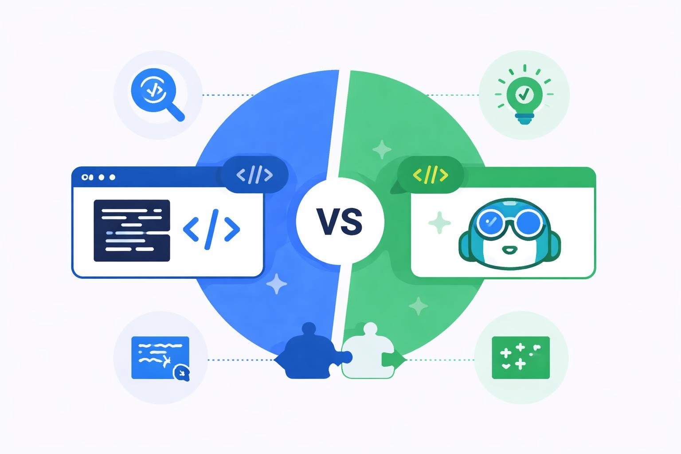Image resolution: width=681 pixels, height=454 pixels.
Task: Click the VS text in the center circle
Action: point(340,222)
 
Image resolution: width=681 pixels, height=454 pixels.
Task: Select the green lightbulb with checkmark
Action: point(524,94)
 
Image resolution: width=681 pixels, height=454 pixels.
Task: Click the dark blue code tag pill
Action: point(255,175)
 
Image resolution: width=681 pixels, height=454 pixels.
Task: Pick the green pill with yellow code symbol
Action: point(430,175)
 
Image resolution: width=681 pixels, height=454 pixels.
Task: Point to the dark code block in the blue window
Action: point(132,230)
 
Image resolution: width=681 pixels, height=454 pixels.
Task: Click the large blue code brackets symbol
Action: point(211,229)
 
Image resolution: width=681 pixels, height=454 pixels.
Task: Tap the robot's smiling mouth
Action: point(509,251)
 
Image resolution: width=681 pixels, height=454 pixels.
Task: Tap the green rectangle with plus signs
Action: point(521,357)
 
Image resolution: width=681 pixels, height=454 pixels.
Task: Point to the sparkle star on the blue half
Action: point(277,284)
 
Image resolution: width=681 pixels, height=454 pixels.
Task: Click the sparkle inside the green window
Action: point(439,223)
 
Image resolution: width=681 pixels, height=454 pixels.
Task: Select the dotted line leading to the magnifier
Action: point(227,95)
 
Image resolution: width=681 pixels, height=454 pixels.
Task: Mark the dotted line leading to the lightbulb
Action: point(452,95)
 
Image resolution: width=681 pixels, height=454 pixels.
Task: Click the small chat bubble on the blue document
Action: point(181,372)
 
